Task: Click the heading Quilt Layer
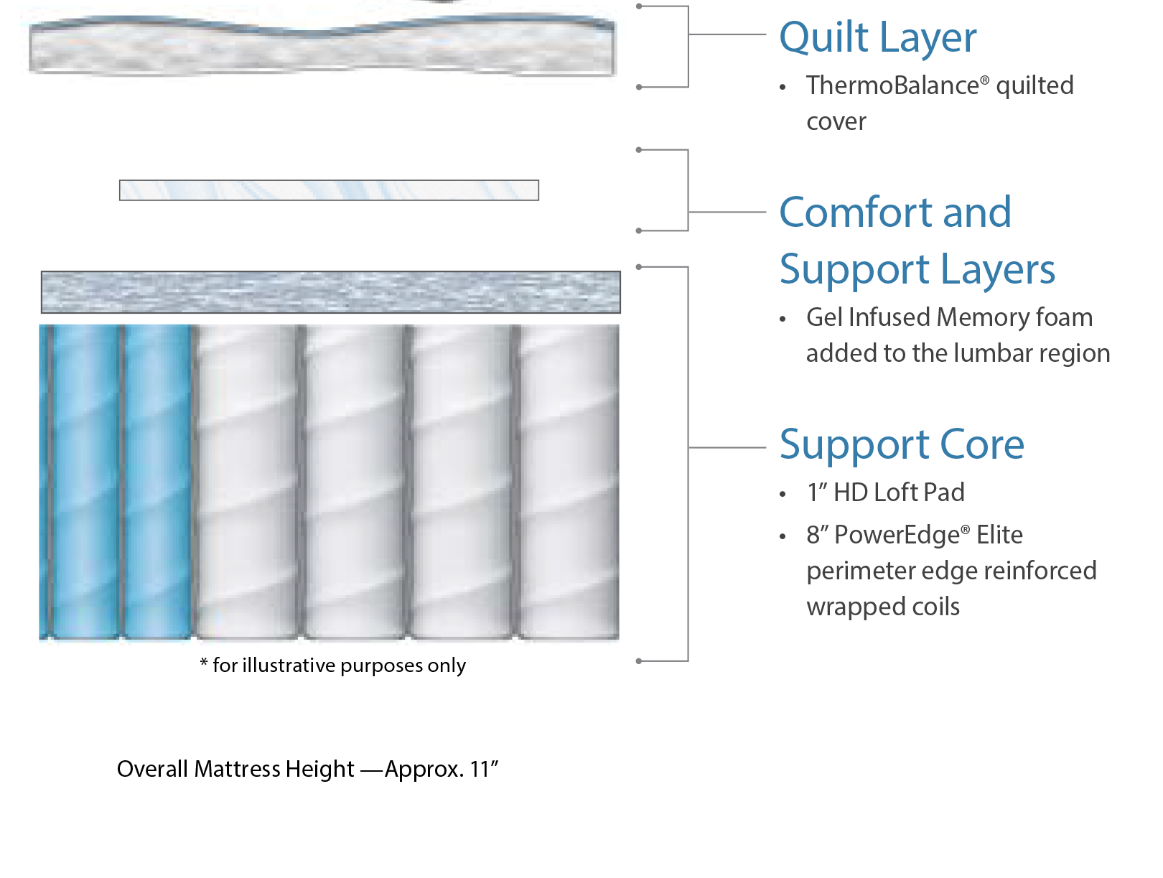tap(877, 38)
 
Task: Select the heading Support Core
tap(901, 444)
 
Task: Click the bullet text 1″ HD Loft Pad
tap(885, 492)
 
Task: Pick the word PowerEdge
tap(897, 535)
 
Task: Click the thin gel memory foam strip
tap(329, 190)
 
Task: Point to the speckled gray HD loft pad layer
tap(331, 292)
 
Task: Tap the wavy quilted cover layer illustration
tap(322, 46)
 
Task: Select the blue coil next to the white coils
tap(157, 482)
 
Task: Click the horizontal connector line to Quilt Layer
tap(727, 34)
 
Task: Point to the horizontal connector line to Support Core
tap(727, 448)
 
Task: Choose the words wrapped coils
tap(883, 607)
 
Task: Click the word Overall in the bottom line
tap(153, 769)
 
